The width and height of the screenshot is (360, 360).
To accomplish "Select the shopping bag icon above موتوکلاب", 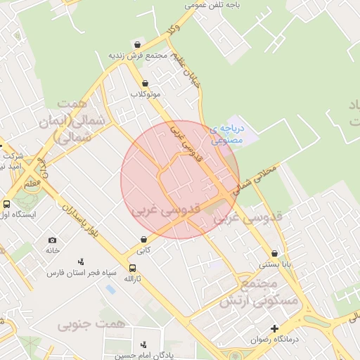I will pos(145,83).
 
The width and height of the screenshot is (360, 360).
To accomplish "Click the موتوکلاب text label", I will pos(146,94).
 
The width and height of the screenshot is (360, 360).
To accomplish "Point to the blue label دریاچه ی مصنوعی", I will pos(245,134).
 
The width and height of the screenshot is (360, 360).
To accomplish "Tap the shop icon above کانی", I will pos(143,240).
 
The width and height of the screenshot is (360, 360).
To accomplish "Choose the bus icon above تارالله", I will pos(132,268).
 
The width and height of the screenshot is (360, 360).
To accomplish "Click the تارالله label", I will pos(133,278).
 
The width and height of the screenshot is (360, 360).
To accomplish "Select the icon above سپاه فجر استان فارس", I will pos(81,262).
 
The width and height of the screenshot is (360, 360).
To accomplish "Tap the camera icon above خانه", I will pos(53,240).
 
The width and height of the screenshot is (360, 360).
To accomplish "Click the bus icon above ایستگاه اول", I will pos(6,205).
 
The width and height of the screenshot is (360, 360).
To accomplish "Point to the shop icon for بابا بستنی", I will pos(274,254).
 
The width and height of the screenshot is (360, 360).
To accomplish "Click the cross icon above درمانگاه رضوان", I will pos(274,328).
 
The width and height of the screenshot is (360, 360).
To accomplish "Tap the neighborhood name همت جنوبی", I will pos(91,324).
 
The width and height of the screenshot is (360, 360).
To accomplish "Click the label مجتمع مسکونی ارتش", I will pos(259,292).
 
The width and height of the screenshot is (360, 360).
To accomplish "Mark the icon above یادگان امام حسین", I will pos(144,345).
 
